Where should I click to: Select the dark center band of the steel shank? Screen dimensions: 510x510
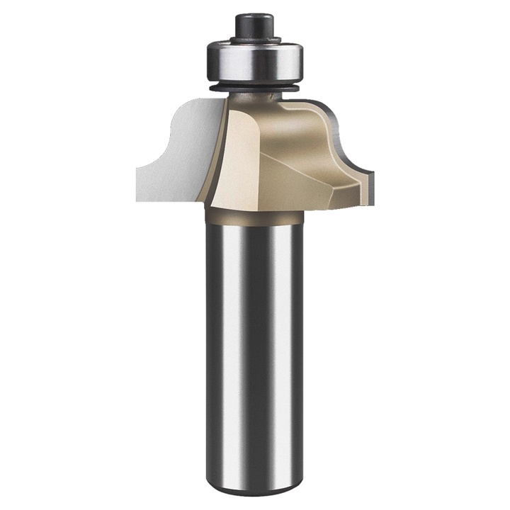[255, 340]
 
